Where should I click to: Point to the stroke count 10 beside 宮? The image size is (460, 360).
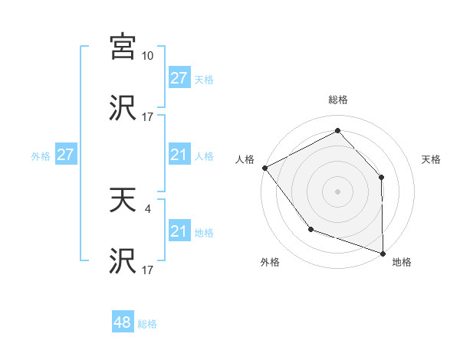tap(148, 56)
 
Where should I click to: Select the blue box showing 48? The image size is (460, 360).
tap(123, 322)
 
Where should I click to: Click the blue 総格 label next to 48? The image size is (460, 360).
tap(147, 324)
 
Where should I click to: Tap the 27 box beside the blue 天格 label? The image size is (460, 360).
tap(179, 78)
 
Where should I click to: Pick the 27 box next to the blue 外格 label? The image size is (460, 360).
tap(65, 155)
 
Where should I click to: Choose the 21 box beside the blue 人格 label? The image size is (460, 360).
tap(179, 155)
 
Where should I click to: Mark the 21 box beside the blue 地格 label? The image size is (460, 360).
tap(179, 231)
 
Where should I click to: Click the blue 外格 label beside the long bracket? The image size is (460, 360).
tap(41, 155)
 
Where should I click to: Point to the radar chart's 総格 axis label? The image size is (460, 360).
tap(337, 100)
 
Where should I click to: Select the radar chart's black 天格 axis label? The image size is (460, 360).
tap(432, 159)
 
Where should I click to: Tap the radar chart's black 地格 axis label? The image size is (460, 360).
tap(402, 262)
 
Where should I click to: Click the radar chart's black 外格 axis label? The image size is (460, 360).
tap(270, 262)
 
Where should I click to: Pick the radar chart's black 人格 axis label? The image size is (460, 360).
tap(245, 159)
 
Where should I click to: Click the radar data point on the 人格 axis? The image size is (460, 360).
tap(264, 167)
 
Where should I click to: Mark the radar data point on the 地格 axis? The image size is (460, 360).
tap(383, 253)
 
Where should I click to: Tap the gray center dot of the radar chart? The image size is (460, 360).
tap(337, 191)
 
